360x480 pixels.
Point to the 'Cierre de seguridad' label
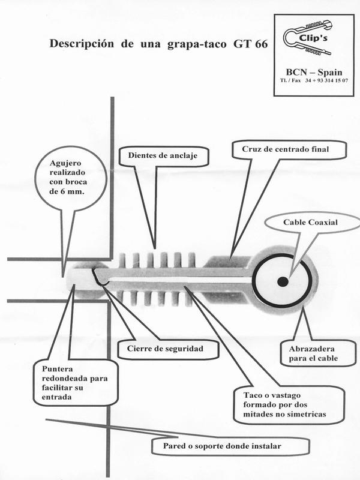[x=172, y=348]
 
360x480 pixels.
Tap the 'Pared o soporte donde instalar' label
[x=230, y=446]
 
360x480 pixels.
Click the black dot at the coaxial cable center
[x=282, y=281]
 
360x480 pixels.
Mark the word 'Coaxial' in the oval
[x=321, y=223]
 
